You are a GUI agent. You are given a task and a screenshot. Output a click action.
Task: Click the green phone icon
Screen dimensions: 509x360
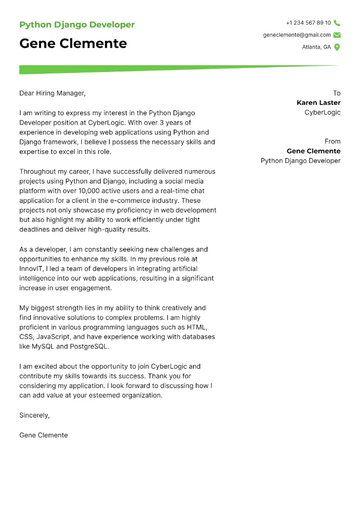[337, 23]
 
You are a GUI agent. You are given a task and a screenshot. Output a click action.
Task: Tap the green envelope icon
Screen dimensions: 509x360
[337, 35]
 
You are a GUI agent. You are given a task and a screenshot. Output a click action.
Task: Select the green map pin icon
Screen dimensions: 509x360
[337, 47]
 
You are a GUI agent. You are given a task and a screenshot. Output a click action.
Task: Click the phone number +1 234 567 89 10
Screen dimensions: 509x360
[308, 23]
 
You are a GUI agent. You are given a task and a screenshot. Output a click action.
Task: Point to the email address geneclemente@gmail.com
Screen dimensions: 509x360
[297, 35]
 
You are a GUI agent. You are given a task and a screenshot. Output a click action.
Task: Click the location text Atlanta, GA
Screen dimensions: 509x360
[316, 47]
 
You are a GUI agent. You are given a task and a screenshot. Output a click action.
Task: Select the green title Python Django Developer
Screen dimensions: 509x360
[77, 25]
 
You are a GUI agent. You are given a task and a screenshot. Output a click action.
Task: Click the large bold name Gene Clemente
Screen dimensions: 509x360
[73, 44]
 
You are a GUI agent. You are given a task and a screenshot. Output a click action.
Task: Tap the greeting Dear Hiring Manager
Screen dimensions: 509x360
[52, 93]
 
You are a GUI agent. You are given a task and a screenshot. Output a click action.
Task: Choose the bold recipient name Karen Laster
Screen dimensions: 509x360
[319, 103]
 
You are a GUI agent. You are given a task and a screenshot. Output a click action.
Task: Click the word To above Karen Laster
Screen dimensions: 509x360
[337, 93]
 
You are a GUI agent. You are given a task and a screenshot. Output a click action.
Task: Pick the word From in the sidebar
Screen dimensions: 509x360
[333, 141]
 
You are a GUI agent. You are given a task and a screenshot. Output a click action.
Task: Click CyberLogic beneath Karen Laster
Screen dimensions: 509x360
[323, 113]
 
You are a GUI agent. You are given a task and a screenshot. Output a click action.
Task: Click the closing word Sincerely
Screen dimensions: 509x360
[34, 415]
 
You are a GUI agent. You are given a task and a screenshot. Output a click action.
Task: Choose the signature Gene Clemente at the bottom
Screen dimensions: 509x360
[44, 435]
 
